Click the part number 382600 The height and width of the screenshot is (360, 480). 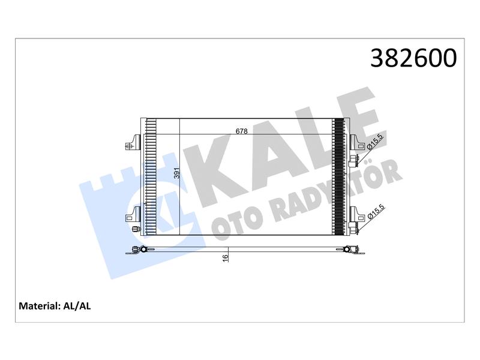click(413, 58)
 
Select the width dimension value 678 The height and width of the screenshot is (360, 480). click(242, 131)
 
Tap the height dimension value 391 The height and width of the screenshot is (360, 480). click(176, 173)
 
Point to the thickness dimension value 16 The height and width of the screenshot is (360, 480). click(226, 258)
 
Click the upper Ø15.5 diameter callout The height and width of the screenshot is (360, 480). click(375, 142)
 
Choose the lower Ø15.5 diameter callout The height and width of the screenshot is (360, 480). click(376, 212)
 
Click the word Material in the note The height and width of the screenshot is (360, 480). click(38, 306)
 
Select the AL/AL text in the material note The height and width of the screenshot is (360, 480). click(77, 306)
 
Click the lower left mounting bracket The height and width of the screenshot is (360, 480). click(133, 214)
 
